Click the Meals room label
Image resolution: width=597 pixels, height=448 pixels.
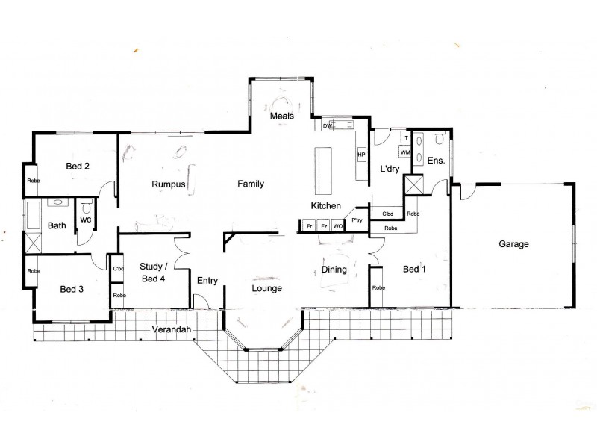[281, 116]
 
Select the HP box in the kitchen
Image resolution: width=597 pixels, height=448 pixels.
[361, 155]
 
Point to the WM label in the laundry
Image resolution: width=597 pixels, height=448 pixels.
[404, 152]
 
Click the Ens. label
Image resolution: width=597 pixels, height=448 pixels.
[436, 161]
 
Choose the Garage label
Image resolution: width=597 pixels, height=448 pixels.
[513, 244]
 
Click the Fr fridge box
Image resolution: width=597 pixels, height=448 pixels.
[308, 225]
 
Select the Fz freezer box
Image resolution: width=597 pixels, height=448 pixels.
[323, 225]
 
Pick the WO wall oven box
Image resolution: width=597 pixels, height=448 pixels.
[337, 225]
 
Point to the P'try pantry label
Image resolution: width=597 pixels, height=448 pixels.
[357, 220]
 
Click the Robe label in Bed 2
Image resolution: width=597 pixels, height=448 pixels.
[33, 180]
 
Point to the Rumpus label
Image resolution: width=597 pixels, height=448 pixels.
[168, 184]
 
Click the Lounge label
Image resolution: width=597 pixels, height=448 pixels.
[266, 287]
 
